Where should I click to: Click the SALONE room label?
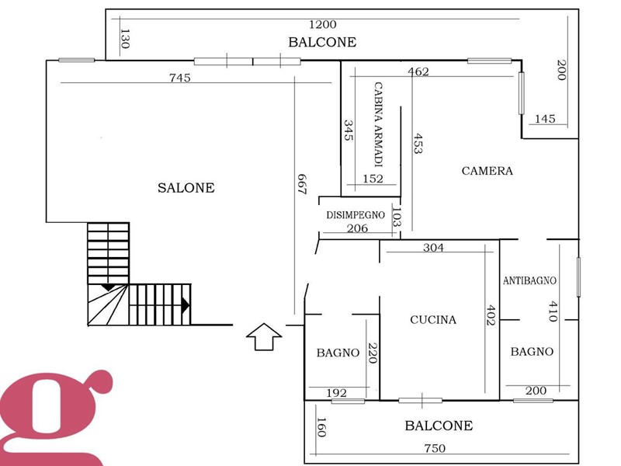point(186,187)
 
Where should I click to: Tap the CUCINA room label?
point(433,320)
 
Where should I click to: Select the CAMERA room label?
point(487,171)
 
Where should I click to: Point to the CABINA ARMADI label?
point(379,124)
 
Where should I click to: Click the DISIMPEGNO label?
point(356,215)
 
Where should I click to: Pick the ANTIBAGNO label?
point(529,280)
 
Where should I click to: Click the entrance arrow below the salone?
point(264,337)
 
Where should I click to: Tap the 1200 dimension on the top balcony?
point(323,25)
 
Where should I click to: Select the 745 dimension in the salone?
point(180,78)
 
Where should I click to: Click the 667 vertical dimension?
point(302,184)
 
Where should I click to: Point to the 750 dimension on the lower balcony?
point(435,448)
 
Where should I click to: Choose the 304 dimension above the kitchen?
point(433,248)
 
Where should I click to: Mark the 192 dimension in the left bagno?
point(337,393)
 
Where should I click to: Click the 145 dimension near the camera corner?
point(545,119)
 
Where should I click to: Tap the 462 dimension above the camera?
point(418,71)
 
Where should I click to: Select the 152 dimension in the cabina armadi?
point(373,179)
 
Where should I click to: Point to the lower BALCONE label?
point(439,426)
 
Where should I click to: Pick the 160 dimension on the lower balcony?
point(321,427)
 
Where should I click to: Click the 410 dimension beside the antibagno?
point(553,311)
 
